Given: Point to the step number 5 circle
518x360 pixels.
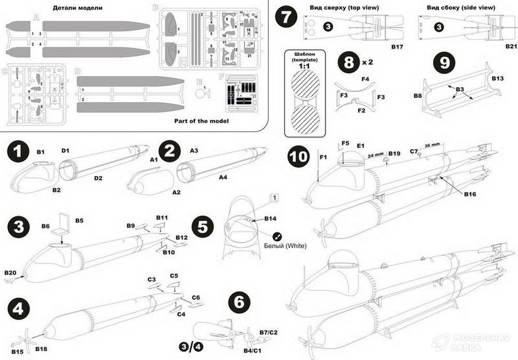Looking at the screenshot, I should coord(203,226).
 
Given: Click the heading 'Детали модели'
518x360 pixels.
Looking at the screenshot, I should coord(85,9).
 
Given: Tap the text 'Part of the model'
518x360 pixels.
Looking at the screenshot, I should coord(202,121).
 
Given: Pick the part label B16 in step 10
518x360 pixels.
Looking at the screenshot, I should coord(470,194).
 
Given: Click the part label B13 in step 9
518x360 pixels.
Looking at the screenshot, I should coord(497,78).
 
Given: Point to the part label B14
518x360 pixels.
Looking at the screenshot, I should coord(270,219).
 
